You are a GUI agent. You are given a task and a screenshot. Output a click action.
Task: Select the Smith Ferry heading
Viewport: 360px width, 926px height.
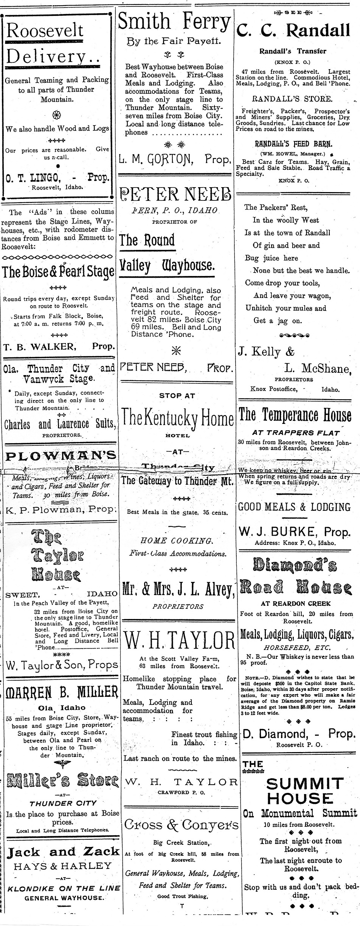pos(174,22)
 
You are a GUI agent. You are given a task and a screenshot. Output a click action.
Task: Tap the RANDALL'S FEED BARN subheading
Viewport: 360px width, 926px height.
pos(293,144)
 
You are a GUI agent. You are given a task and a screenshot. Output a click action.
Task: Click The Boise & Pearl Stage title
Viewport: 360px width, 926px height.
pos(58,272)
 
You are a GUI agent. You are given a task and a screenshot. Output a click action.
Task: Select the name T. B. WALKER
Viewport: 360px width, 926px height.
pos(38,346)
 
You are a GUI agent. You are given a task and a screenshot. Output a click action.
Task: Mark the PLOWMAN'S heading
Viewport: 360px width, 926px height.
pos(61,456)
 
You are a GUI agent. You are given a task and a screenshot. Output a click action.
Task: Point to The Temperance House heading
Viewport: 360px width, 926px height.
pos(295,415)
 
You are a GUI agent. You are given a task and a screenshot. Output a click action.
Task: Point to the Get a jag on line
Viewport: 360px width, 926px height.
pos(272,321)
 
